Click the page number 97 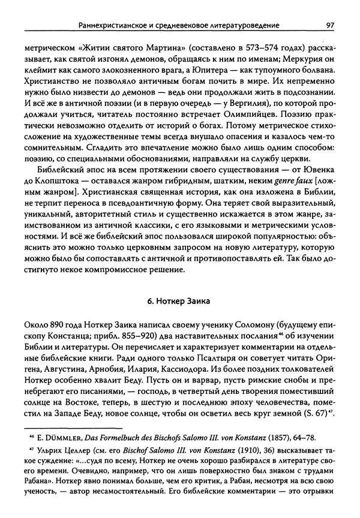329,25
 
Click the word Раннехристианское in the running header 118,25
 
